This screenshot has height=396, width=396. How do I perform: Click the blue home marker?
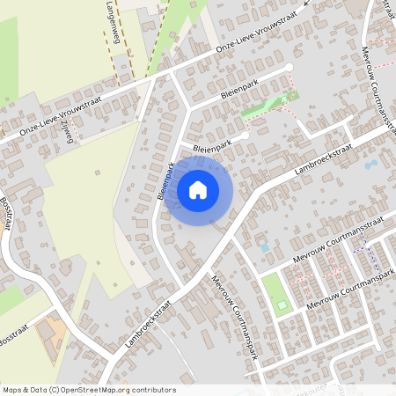[198, 189]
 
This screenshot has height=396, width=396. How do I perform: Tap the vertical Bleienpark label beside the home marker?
[165, 181]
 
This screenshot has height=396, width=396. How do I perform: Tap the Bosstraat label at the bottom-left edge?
[12, 340]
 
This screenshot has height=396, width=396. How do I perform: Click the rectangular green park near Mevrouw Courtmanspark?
[275, 293]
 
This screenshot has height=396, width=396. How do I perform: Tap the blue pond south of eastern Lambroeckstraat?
[370, 165]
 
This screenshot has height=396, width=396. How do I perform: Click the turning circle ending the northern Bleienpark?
[289, 68]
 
